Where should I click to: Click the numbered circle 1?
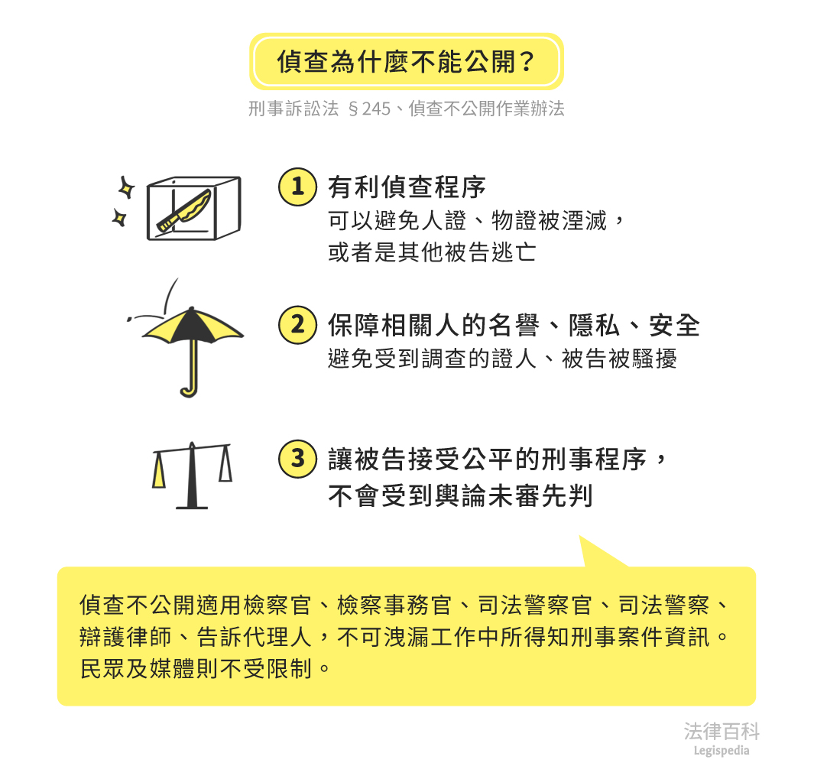[297, 187]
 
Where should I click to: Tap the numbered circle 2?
[297, 325]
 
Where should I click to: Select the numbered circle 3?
[297, 459]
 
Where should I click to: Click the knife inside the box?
[185, 210]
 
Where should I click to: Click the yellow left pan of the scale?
[159, 470]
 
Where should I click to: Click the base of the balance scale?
[192, 506]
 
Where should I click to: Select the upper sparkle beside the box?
[125, 187]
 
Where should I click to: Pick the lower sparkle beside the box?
[120, 218]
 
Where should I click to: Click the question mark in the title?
[527, 62]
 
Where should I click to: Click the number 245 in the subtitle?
[376, 109]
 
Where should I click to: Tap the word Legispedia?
[722, 751]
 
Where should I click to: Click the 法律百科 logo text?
[722, 732]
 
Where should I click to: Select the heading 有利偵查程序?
[407, 187]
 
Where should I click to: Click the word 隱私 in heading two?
[595, 326]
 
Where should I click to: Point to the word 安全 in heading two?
[674, 326]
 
